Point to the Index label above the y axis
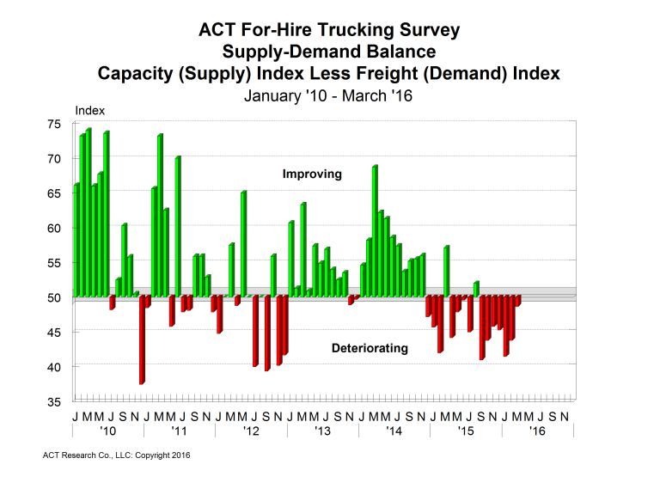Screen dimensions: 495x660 pos(89,110)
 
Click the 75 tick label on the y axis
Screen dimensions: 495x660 pos(53,124)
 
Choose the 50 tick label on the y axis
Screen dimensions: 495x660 pos(53,297)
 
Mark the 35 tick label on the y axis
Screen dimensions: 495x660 pos(53,401)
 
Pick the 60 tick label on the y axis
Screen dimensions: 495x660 pos(53,228)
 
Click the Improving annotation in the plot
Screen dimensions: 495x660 pos(312,174)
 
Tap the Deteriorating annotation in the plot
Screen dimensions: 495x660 pos(370,349)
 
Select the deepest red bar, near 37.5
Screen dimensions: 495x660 pos(142,339)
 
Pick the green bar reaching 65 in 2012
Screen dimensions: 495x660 pos(243,244)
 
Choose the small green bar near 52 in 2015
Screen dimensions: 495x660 pos(476,290)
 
